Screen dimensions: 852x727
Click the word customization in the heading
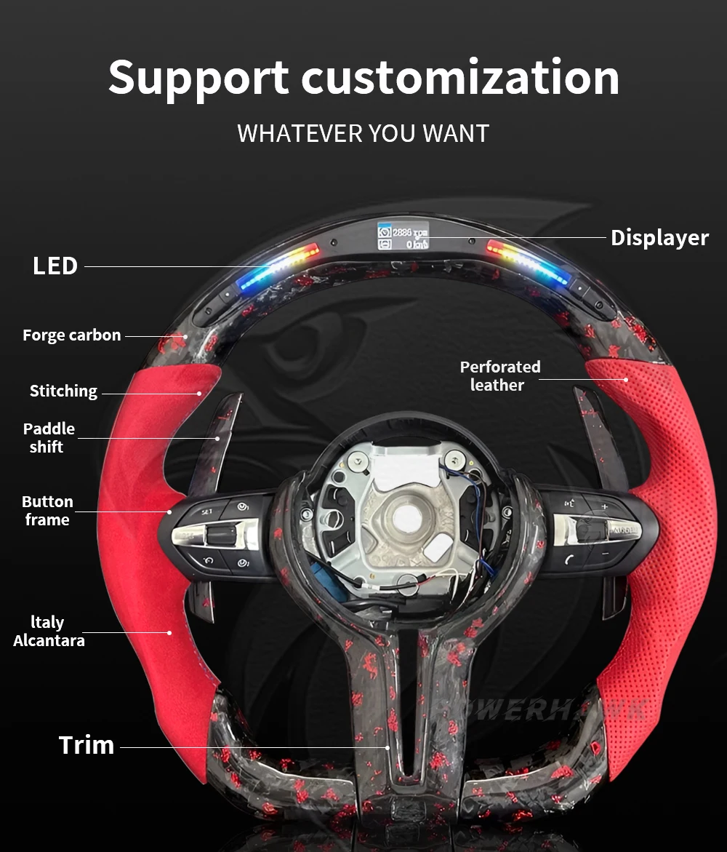pyautogui.click(x=459, y=79)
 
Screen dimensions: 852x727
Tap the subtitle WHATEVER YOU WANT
pyautogui.click(x=363, y=134)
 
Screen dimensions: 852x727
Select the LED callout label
pyautogui.click(x=55, y=266)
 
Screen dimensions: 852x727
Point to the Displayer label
pyautogui.click(x=659, y=238)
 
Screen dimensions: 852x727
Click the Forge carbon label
pyautogui.click(x=71, y=335)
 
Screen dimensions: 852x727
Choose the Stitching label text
pyautogui.click(x=63, y=391)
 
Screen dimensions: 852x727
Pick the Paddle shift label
pyautogui.click(x=48, y=438)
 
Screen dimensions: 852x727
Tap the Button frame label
pyautogui.click(x=47, y=511)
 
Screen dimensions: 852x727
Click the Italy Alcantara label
pyautogui.click(x=49, y=632)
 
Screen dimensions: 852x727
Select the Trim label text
pyautogui.click(x=87, y=745)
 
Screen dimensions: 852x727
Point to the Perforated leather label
pyautogui.click(x=500, y=376)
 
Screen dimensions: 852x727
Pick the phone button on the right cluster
pyautogui.click(x=569, y=559)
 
